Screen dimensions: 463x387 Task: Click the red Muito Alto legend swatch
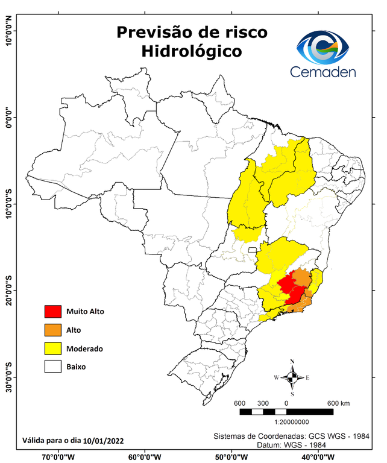click(x=53, y=311)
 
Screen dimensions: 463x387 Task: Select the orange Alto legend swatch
click(x=53, y=330)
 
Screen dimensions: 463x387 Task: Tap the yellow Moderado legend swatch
click(x=53, y=348)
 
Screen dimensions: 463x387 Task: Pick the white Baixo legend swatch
click(x=53, y=366)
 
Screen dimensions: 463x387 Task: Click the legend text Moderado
click(x=84, y=348)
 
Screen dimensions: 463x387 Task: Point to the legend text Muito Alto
click(x=86, y=312)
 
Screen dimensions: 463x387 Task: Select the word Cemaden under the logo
click(x=323, y=72)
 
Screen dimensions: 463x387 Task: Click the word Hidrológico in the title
click(x=191, y=51)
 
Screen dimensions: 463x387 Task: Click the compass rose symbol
click(x=292, y=378)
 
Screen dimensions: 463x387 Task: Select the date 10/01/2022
click(x=104, y=441)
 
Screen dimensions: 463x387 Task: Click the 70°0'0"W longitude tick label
click(x=58, y=457)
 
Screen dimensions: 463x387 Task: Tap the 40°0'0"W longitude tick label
click(x=316, y=457)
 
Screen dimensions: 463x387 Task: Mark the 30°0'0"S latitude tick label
click(x=9, y=377)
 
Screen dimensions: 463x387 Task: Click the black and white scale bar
click(x=286, y=412)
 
